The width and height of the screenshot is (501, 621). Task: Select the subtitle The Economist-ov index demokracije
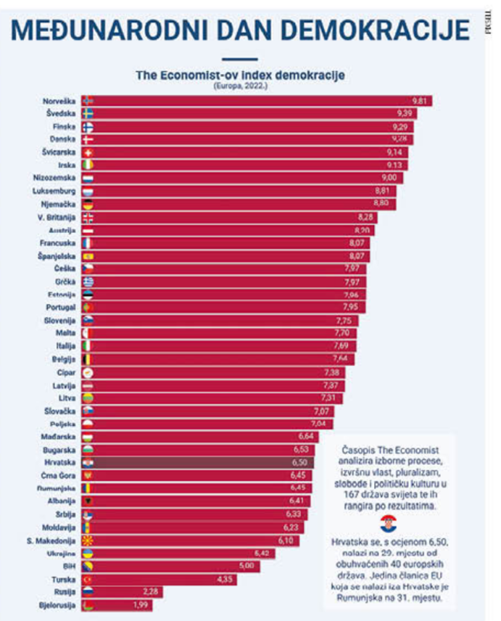coord(240,75)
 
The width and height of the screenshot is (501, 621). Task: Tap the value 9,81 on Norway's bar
coord(420,101)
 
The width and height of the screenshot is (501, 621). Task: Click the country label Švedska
coord(61,114)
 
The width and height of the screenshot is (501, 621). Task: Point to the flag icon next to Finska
coord(88,126)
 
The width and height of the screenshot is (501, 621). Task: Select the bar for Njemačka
coord(240,203)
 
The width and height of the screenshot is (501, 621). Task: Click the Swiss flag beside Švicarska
coord(88,152)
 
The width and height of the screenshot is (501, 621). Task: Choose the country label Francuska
coord(57,242)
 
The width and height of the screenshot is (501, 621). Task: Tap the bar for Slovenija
coord(220,321)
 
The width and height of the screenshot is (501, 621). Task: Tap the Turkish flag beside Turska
coord(88,579)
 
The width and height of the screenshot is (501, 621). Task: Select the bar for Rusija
coord(124,592)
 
